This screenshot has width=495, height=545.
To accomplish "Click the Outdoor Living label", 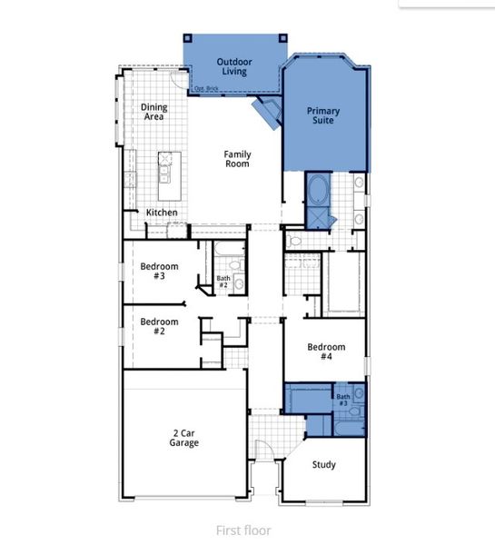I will coord(233,67).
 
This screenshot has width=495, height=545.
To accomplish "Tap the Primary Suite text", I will coord(322,114).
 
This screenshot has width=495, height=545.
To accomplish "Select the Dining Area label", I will coord(154,112).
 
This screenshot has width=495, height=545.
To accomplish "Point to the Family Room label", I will coord(237,160).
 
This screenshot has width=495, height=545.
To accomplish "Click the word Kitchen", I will coord(162,213).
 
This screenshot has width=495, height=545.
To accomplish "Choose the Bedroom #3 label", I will coord(159,272).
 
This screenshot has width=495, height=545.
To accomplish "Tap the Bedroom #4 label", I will coord(325,352).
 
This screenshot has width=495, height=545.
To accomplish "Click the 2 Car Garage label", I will coord(183,437).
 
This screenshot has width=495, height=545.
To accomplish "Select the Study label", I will coord(324,464).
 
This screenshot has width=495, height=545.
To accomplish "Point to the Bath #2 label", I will coord(223,282).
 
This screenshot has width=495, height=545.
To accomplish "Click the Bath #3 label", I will coord(342,400).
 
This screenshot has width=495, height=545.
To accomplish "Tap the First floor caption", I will coord(243,530).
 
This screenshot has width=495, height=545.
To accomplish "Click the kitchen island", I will coord(168,176).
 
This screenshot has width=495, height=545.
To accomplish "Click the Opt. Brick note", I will coord(207,88).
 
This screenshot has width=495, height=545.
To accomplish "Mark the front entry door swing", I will coord(263,451).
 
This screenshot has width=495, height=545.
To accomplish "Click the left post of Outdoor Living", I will coord(188,37).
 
